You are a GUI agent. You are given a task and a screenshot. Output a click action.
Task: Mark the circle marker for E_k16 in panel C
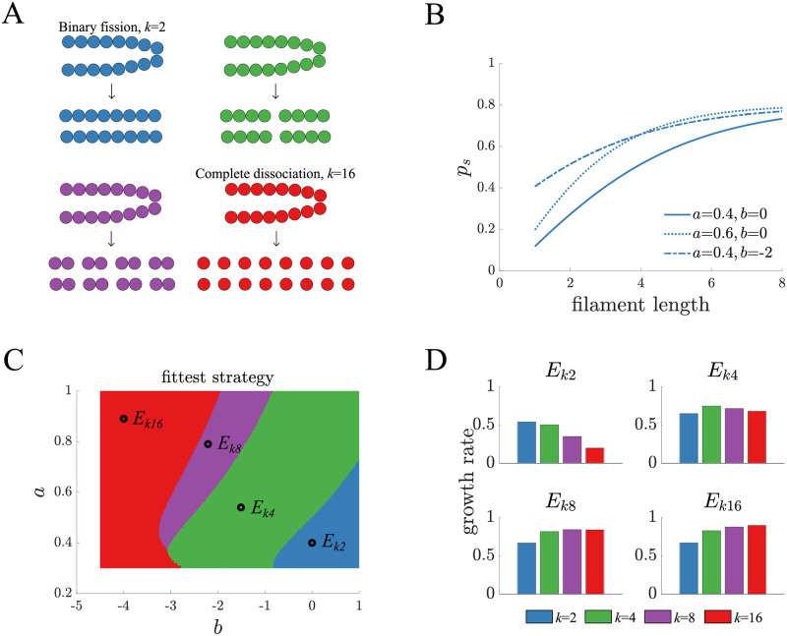124,419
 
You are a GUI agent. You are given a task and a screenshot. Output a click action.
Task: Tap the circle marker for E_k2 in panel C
312,543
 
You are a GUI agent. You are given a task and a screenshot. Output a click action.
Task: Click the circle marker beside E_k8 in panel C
208,444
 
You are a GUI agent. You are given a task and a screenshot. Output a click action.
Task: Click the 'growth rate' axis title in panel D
472,488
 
